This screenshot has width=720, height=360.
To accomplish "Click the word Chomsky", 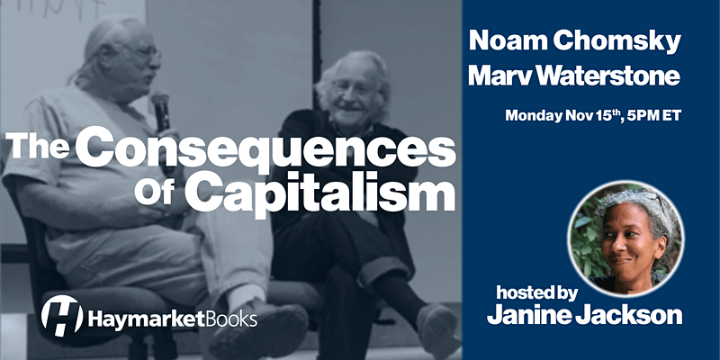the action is tap(616, 42).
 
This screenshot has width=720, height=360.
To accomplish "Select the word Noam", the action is tap(507, 40).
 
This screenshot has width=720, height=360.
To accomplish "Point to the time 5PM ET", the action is tap(662, 115).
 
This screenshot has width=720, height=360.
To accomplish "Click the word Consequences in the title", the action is tap(265, 148).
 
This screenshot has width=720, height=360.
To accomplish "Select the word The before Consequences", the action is tap(37, 147).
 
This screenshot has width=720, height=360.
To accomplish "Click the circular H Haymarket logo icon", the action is tap(62, 316).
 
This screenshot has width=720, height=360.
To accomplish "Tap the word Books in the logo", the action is tap(231, 319).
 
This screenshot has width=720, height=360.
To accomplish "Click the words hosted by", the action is tap(536, 294).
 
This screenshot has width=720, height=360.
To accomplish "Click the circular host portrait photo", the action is tap(625, 238).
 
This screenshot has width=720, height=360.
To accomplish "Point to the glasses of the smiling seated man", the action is tap(351, 88).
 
